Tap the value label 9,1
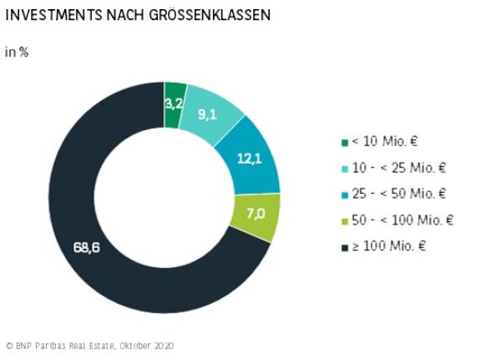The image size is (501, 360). pos(208,115)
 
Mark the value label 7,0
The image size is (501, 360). pos(255,214)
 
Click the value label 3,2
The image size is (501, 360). pos(175,104)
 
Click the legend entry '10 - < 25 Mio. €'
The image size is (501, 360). pos(399,168)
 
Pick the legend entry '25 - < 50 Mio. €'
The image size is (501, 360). pos(399,194)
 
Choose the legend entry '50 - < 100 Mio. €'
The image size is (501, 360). pos(402,220)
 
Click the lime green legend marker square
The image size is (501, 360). pos(345,221)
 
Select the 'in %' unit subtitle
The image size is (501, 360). pos(18,52)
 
